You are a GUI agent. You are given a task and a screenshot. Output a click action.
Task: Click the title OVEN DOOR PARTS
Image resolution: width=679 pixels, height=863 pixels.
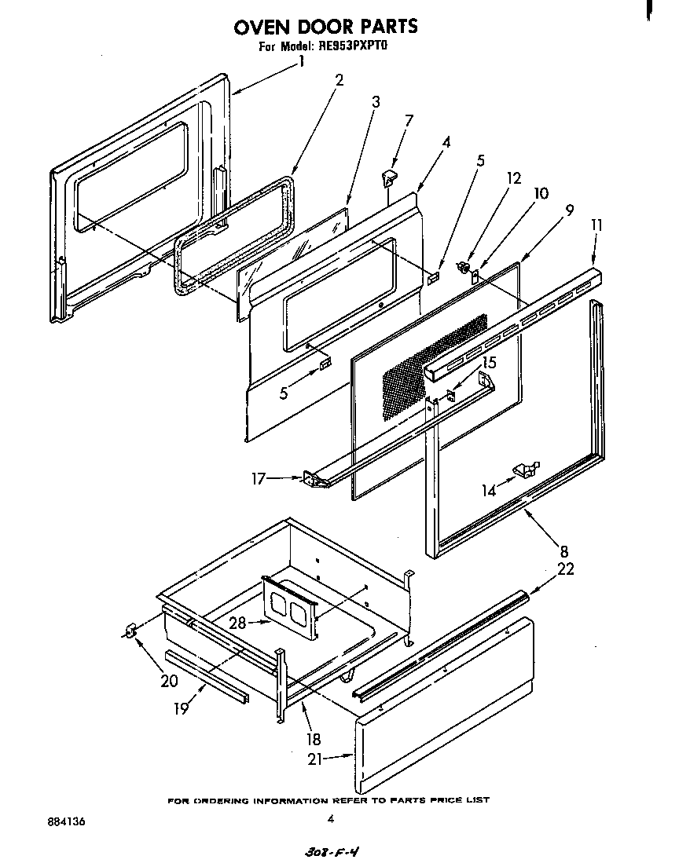(325, 26)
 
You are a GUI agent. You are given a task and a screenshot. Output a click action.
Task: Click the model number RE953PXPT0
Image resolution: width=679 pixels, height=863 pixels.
(354, 47)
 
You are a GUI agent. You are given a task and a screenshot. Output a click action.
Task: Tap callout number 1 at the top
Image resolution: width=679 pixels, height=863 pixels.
(302, 60)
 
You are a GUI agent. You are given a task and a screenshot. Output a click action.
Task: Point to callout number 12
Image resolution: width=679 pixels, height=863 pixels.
(514, 178)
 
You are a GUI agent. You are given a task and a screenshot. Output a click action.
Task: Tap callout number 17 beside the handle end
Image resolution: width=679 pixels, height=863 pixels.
(256, 477)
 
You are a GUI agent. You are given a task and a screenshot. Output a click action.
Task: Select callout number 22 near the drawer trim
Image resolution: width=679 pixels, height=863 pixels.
(565, 569)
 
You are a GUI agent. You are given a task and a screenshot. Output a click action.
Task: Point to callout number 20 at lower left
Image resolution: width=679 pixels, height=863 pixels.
(169, 680)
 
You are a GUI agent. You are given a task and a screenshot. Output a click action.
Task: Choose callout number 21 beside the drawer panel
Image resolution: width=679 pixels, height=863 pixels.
(316, 758)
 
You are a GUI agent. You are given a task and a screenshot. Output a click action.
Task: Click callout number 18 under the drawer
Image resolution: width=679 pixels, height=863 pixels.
(314, 739)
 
